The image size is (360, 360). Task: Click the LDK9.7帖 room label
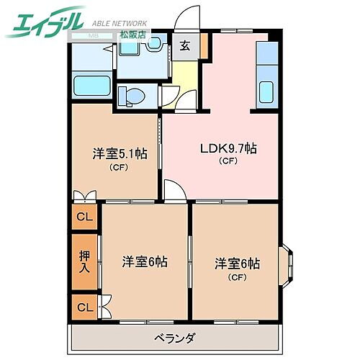click(228, 149)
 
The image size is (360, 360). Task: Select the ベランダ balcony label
click(174, 338)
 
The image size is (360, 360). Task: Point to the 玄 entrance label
click(185, 46)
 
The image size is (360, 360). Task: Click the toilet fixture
click(131, 94)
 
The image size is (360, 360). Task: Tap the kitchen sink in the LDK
click(266, 92)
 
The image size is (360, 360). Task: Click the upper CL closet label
click(85, 217)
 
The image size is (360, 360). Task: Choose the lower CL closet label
click(85, 307)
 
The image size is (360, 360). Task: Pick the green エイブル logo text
click(45, 23)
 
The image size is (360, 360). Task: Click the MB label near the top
click(94, 35)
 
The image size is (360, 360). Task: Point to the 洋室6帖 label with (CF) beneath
click(237, 264)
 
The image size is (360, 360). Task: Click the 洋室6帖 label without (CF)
click(144, 262)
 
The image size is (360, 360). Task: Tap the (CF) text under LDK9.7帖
click(228, 161)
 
